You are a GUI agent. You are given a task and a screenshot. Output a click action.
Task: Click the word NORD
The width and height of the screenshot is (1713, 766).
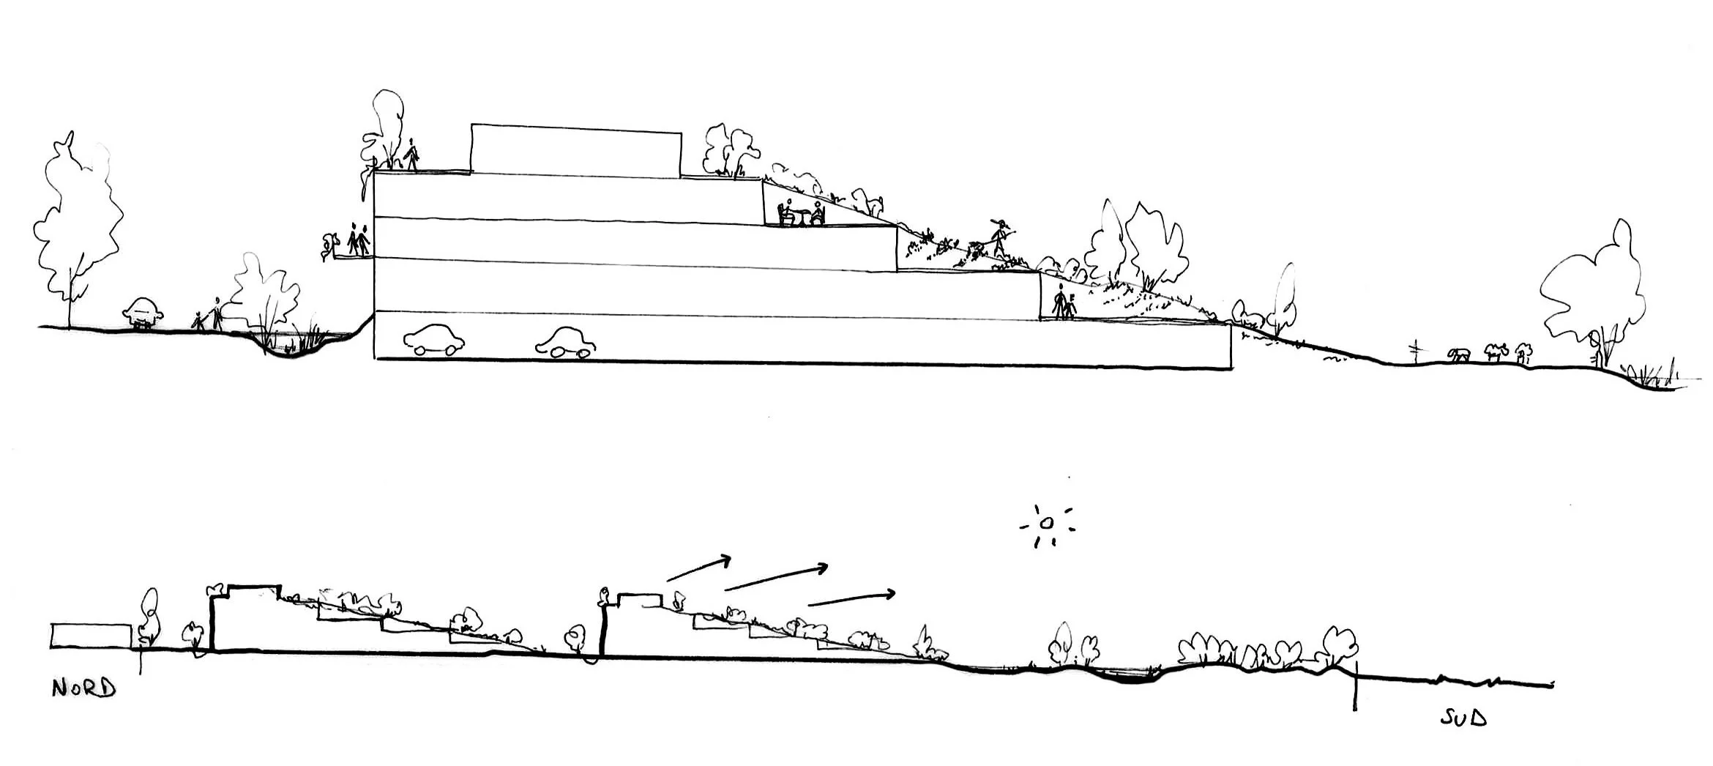point(83,688)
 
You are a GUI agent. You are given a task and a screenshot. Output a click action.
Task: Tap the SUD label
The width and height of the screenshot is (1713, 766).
point(1463,718)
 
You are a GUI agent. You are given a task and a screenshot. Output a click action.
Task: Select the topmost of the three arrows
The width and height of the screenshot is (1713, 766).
point(699,569)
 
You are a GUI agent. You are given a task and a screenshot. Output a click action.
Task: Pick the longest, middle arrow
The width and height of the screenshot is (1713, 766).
point(776,576)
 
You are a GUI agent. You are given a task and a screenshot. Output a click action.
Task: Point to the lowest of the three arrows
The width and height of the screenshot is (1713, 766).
point(851,598)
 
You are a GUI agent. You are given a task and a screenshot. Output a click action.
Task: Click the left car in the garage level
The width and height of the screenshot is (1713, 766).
point(434,340)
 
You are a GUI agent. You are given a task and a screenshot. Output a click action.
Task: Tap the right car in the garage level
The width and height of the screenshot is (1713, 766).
point(564,343)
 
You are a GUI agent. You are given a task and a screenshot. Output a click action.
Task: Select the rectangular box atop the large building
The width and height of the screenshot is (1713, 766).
point(576,150)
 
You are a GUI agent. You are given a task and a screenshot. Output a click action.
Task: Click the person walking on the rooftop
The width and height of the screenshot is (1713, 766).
point(412,155)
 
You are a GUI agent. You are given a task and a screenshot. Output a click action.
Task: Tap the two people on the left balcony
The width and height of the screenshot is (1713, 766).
point(358,239)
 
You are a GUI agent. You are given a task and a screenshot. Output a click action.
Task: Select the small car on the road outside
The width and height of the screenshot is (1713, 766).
point(143,314)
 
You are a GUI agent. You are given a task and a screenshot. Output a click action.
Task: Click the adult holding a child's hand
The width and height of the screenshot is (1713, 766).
point(217,313)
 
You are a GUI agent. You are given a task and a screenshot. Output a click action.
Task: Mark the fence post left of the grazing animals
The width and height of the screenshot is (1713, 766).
point(1416,352)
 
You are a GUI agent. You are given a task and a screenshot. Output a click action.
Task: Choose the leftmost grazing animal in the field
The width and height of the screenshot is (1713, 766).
point(1458,355)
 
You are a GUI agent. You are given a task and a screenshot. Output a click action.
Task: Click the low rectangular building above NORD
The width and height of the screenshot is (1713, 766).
point(92,636)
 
